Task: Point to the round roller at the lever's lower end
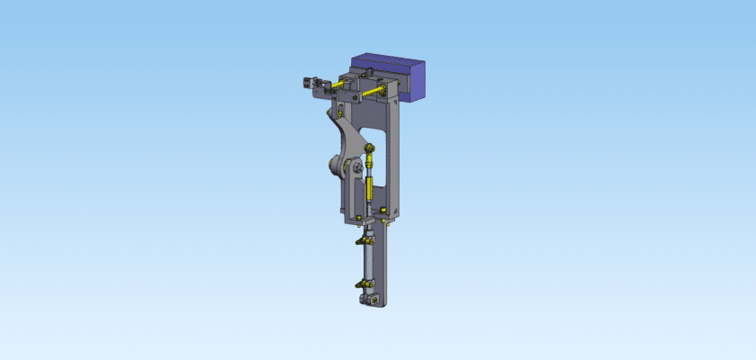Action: click(x=337, y=166)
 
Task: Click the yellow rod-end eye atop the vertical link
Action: click(x=371, y=150)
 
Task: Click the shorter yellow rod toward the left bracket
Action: click(x=337, y=85)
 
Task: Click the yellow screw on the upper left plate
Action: click(x=340, y=112)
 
